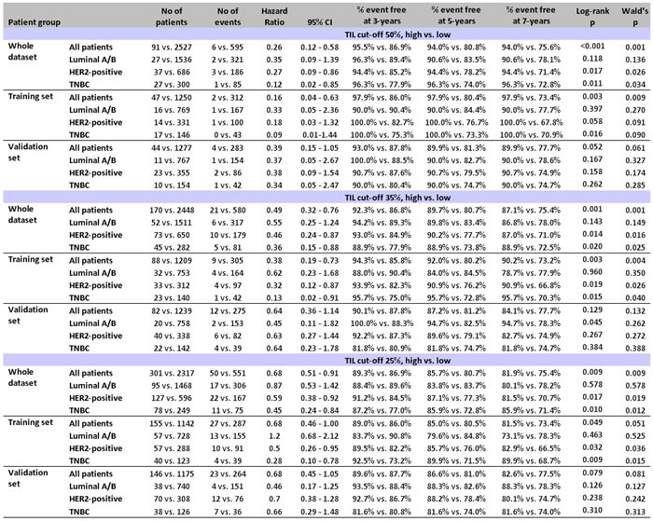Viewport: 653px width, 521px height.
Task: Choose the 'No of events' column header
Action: click(x=225, y=19)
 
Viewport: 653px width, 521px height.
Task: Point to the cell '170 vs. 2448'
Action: click(x=174, y=201)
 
